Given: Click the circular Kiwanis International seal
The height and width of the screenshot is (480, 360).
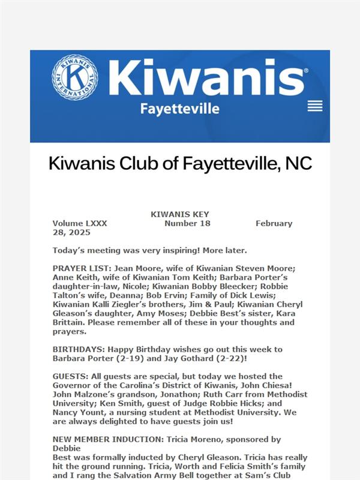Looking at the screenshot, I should pyautogui.click(x=74, y=78).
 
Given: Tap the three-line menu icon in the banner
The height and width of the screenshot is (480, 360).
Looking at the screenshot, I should pyautogui.click(x=315, y=106).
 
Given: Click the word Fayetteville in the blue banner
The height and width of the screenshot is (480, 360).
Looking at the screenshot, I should pyautogui.click(x=179, y=109).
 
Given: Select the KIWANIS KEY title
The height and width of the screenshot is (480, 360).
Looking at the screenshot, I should pyautogui.click(x=179, y=214).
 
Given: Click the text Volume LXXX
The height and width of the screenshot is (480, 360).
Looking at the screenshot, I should pyautogui.click(x=80, y=223).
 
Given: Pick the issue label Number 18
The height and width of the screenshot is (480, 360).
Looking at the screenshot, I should pyautogui.click(x=187, y=223).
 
